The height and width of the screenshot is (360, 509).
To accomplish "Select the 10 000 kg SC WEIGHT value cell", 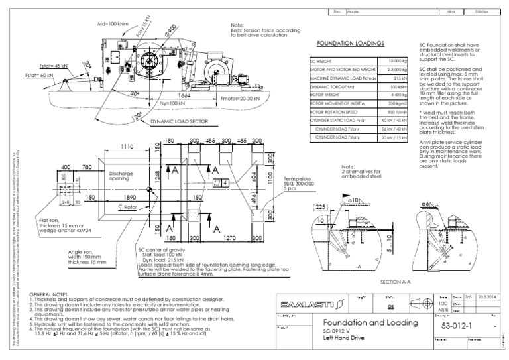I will [x=396, y=60].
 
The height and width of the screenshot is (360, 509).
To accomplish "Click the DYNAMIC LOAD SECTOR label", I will [x=180, y=122].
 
